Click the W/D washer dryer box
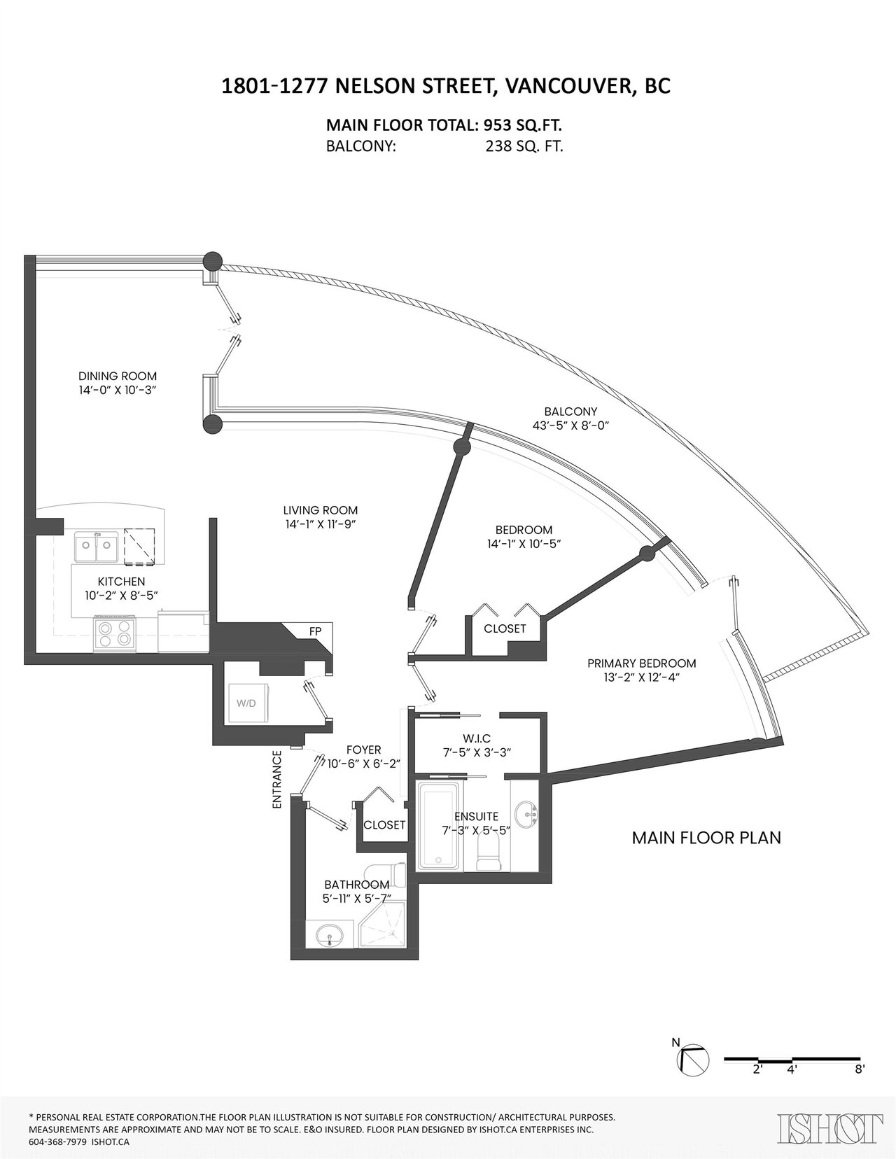[x=247, y=702]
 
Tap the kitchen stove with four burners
[x=115, y=633]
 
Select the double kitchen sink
[x=96, y=546]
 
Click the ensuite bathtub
[x=438, y=826]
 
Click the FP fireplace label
[x=316, y=631]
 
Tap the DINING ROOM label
[x=118, y=376]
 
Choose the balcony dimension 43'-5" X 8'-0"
[x=570, y=426]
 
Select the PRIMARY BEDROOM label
[x=642, y=663]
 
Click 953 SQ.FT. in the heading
[x=523, y=126]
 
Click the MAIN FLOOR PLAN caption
[x=706, y=838]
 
